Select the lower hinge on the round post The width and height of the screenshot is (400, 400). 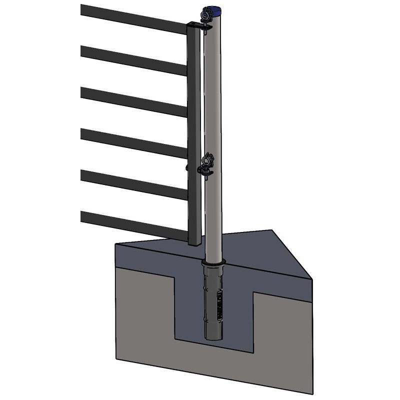207,162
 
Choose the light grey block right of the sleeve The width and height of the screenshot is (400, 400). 282,340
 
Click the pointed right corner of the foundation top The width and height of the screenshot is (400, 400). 310,278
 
